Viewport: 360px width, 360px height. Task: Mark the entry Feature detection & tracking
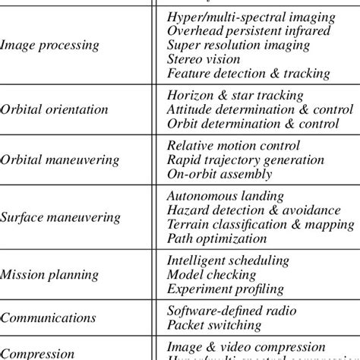248,74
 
